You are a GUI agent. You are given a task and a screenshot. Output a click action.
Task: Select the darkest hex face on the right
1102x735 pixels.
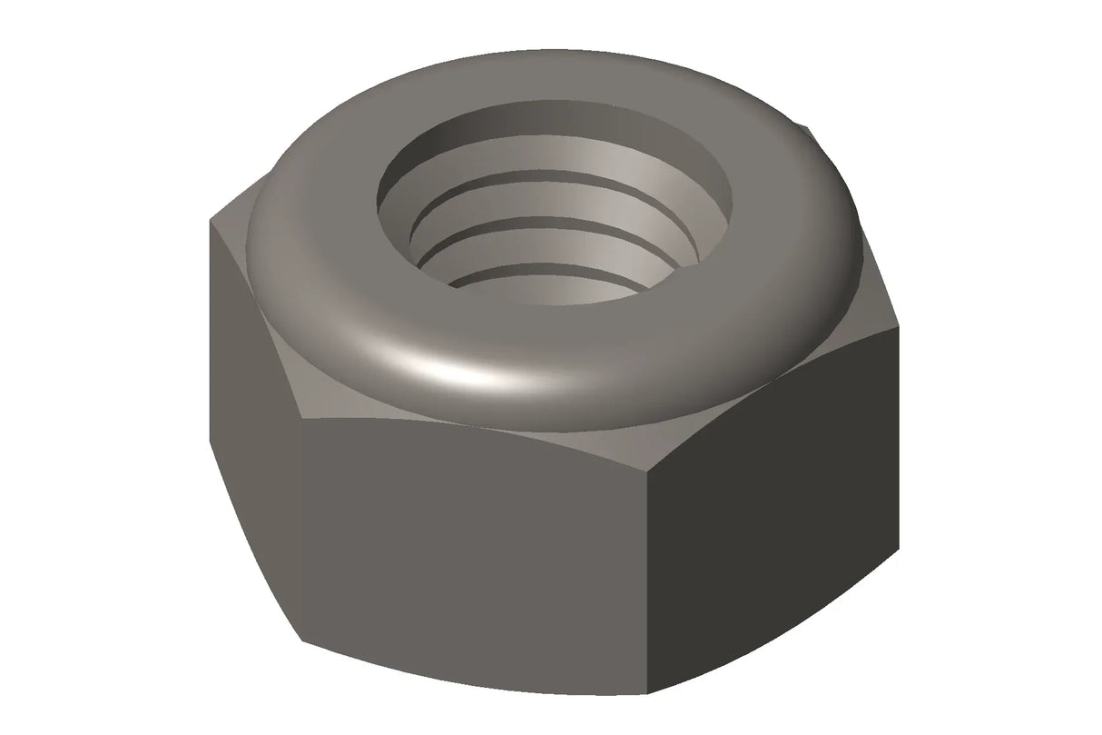(781, 509)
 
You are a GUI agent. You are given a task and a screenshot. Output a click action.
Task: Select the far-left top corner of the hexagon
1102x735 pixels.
(211, 219)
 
